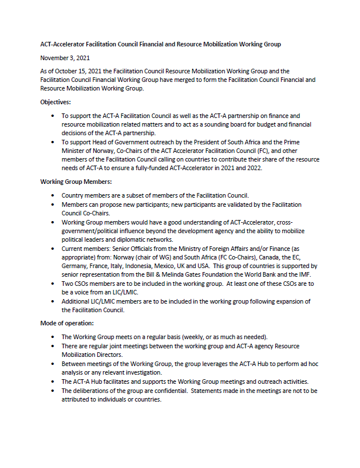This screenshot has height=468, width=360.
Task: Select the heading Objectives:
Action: coord(56,102)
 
